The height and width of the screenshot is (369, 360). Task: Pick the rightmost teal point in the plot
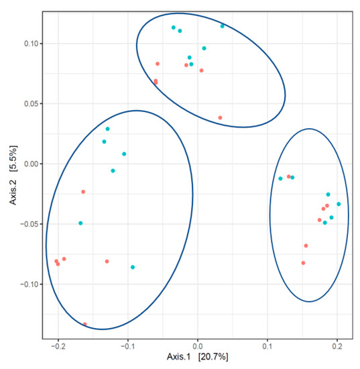coord(339,204)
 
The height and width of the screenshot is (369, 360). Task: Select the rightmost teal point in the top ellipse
coord(223,26)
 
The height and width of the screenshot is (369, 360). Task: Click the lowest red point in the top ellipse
coord(220,118)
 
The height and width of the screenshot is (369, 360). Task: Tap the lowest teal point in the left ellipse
coord(133,267)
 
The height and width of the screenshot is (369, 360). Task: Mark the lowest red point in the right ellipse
coord(303,263)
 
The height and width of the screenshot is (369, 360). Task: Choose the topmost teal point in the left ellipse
coord(107,129)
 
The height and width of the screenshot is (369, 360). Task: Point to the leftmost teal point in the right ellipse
coord(280,178)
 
